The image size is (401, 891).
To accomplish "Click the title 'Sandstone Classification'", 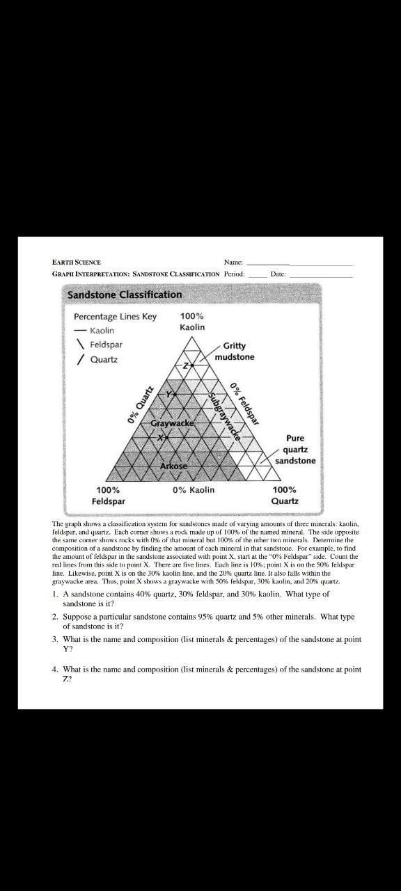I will [x=124, y=294].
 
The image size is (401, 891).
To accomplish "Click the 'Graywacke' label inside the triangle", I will [x=172, y=423].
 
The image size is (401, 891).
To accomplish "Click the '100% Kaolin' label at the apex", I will [x=192, y=322].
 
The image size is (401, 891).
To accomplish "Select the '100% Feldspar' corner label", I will [x=109, y=495].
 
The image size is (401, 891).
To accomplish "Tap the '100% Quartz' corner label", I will [x=285, y=495].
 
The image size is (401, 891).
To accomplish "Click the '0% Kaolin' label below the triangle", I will [x=194, y=490].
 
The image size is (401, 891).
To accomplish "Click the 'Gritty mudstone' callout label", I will [x=235, y=352].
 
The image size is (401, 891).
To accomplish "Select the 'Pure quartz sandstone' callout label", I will [x=295, y=450].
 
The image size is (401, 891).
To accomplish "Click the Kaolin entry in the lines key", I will [x=102, y=330].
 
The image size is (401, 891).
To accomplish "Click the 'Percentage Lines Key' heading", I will [x=115, y=316].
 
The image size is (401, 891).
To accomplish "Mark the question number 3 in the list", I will [x=54, y=639].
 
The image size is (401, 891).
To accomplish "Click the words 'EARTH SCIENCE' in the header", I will [x=77, y=262].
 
